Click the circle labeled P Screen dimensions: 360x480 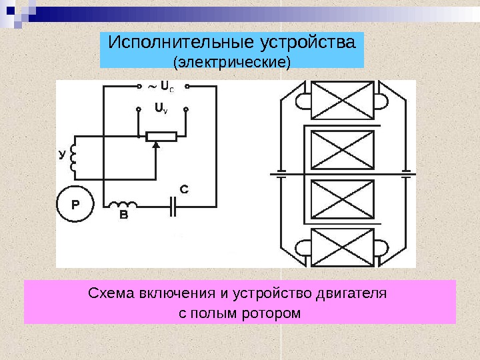[75, 206]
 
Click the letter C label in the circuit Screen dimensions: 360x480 [185, 190]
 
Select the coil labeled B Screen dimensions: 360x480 [123, 205]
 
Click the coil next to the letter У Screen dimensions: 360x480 [73, 157]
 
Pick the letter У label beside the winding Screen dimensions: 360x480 [62, 155]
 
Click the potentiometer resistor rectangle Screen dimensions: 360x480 [161, 137]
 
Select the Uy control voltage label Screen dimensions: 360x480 [161, 107]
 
